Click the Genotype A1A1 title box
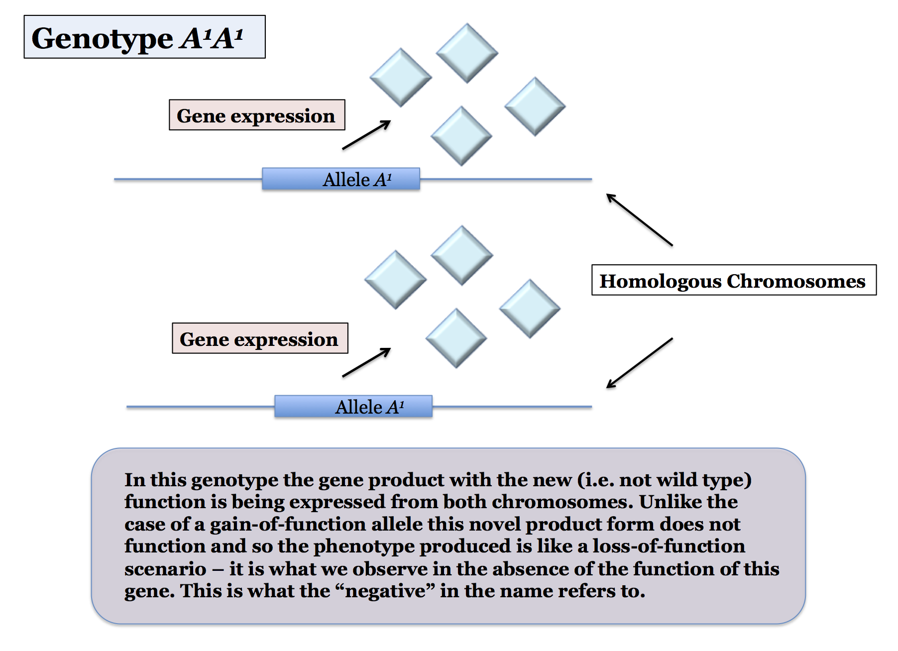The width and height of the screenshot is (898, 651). (x=144, y=37)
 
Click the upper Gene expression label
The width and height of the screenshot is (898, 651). (x=257, y=115)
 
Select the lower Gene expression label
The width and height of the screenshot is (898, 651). (x=260, y=338)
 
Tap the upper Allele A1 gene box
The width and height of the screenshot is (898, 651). (x=341, y=179)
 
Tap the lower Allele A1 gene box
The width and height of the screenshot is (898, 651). (x=353, y=406)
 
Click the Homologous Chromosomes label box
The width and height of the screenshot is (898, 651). (x=734, y=280)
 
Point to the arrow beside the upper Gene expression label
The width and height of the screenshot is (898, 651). (x=366, y=135)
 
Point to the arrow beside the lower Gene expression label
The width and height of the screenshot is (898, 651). (x=366, y=362)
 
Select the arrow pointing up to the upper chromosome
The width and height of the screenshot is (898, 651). (x=639, y=219)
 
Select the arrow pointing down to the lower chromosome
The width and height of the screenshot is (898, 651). (x=639, y=363)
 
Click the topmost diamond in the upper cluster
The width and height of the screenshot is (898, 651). (x=467, y=53)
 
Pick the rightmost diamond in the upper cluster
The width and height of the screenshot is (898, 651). (x=535, y=107)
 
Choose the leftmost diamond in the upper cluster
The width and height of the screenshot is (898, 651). (x=401, y=77)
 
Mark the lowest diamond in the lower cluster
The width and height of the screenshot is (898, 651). (x=456, y=338)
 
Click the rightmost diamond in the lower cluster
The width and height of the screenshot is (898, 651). (x=530, y=309)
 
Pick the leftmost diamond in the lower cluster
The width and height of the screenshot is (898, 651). (x=396, y=280)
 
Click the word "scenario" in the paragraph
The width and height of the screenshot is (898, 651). (x=165, y=569)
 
